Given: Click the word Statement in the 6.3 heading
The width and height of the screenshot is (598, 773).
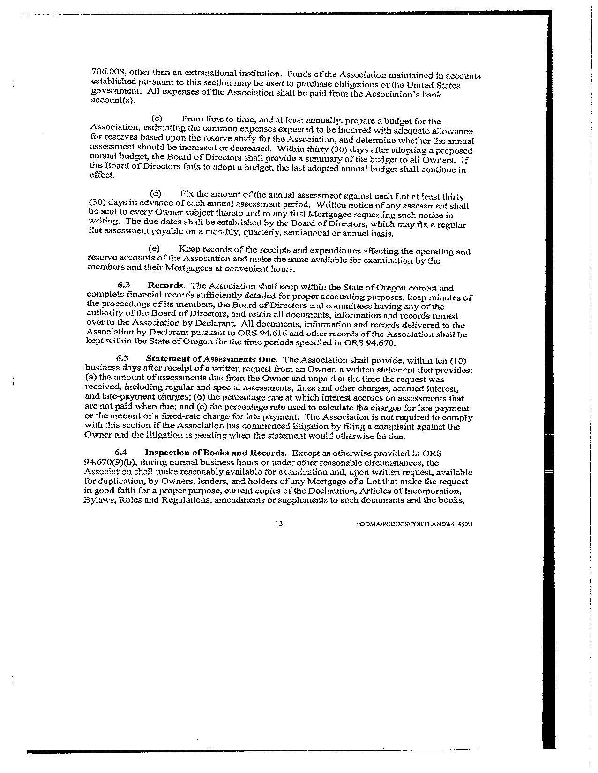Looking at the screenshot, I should (x=165, y=359).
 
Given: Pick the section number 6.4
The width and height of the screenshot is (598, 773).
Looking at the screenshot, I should (x=121, y=453).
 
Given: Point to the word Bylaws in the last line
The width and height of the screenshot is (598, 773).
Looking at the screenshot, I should (x=97, y=500).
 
